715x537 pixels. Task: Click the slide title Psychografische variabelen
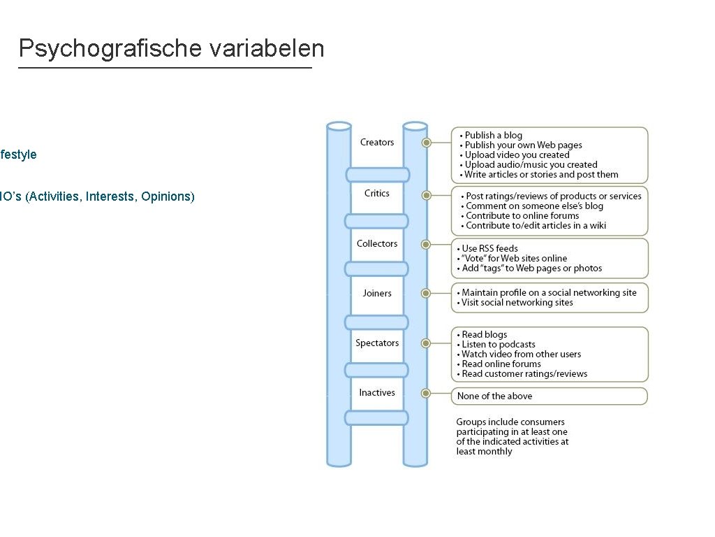pos(171,48)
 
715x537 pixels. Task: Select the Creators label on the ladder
pos(377,143)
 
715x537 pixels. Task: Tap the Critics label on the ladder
pos(377,193)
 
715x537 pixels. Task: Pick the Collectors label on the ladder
pos(377,243)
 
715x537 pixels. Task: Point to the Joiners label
pos(377,293)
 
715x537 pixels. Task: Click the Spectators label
pos(377,343)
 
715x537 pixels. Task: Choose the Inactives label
pos(377,392)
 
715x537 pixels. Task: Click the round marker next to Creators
pos(426,143)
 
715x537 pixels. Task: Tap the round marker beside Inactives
pos(426,393)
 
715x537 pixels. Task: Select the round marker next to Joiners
pos(426,293)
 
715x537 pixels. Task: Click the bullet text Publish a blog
pos(494,135)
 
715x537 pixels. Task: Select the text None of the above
pos(494,396)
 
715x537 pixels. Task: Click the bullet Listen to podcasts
pos(499,344)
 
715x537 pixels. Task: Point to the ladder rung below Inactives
pos(377,418)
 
